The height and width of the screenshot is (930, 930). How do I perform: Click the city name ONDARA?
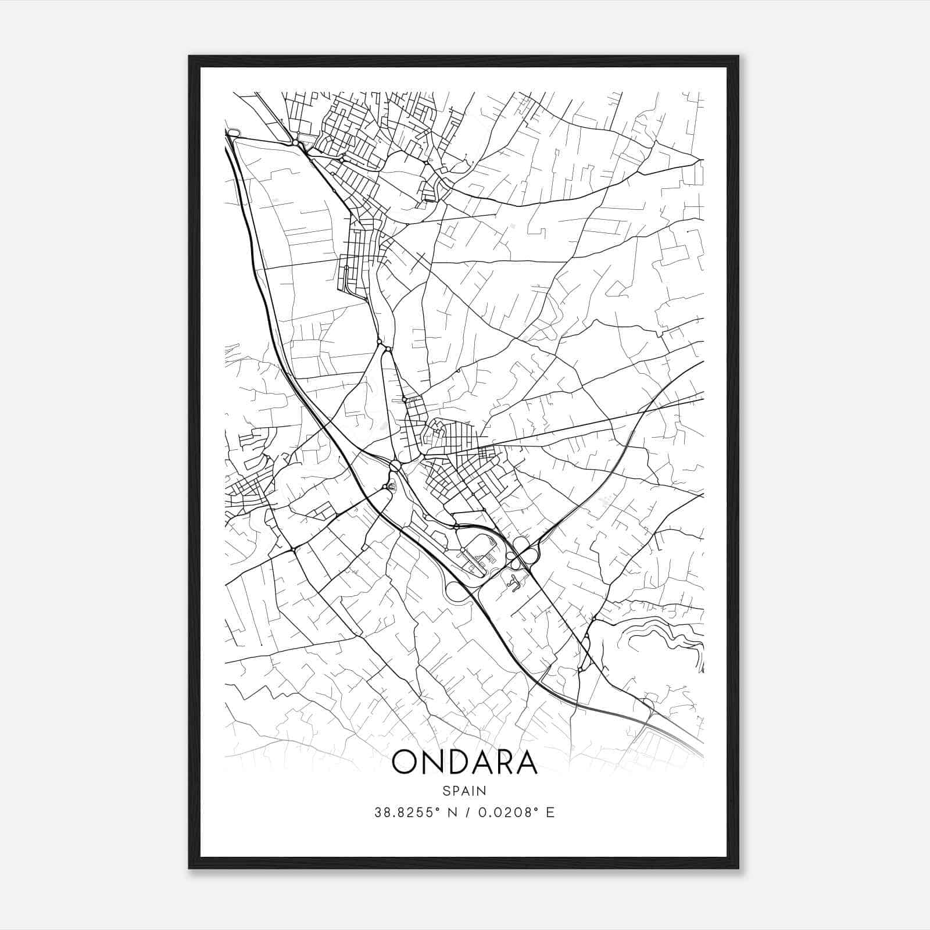tap(464, 763)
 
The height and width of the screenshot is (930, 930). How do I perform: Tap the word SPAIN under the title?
tap(464, 791)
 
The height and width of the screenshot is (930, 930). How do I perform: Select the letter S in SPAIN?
tap(445, 791)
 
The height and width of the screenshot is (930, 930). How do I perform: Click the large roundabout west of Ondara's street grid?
tap(395, 466)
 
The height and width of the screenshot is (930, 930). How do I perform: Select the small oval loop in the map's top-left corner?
tap(234, 133)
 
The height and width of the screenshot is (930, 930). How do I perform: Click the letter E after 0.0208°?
tap(550, 812)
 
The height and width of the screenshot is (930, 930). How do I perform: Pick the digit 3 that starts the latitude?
tap(378, 812)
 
